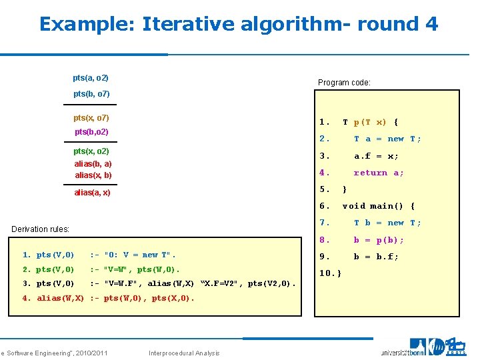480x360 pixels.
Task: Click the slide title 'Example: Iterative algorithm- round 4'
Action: [239, 25]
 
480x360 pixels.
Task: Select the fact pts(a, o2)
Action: [91, 79]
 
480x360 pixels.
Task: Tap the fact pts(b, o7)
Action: [91, 94]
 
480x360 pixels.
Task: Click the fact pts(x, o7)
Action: [91, 118]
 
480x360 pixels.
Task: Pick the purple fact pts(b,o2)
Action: [91, 132]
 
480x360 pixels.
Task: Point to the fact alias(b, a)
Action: [93, 163]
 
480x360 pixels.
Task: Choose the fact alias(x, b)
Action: [93, 175]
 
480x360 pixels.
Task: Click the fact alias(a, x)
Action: [92, 193]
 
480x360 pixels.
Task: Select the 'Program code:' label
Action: [344, 83]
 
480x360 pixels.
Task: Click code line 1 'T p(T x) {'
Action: [370, 122]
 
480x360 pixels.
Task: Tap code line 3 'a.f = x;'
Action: [376, 156]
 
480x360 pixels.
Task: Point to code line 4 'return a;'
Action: [378, 173]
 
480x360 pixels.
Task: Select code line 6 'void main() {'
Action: [378, 206]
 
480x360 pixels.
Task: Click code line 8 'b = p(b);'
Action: [378, 239]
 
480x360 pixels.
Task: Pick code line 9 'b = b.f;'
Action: [376, 256]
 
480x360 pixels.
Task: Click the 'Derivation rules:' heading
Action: [41, 229]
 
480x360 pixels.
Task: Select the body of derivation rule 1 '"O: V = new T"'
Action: [133, 255]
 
